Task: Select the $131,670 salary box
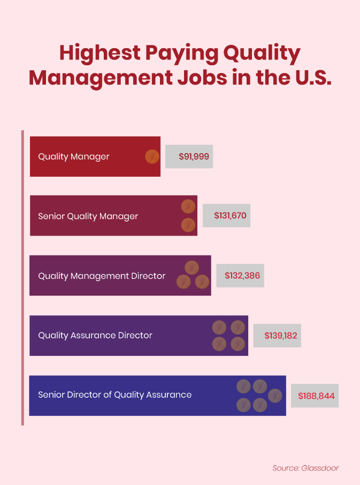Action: (x=226, y=216)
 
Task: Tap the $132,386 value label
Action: (x=240, y=276)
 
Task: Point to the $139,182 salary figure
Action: (x=277, y=335)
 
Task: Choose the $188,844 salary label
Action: (x=315, y=396)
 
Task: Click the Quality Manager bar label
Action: (x=74, y=157)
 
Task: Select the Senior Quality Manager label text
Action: (x=88, y=216)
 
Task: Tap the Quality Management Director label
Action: (x=102, y=276)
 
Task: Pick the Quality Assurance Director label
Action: (x=95, y=336)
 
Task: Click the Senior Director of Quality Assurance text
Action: (x=114, y=395)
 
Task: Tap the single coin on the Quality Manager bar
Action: (x=152, y=157)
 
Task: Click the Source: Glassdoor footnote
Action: (x=305, y=468)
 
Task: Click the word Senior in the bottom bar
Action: (x=51, y=395)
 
